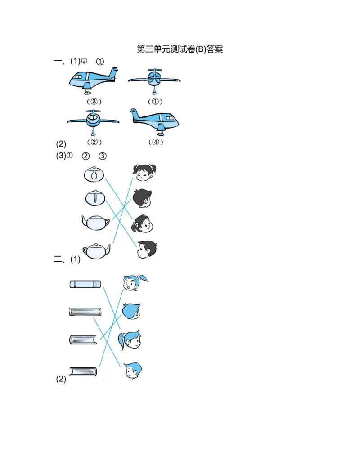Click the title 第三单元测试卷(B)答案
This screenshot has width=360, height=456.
(x=180, y=49)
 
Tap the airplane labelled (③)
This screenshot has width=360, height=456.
(x=94, y=80)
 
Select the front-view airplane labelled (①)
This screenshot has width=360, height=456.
(x=154, y=81)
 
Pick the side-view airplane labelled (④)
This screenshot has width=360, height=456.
(x=154, y=122)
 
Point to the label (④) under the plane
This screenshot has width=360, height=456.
(x=156, y=142)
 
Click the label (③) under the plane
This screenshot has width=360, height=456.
(x=94, y=102)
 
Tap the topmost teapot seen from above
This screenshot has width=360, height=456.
(x=94, y=174)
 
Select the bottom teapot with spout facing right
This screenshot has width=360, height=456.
(x=97, y=251)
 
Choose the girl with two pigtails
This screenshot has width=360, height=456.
(x=144, y=172)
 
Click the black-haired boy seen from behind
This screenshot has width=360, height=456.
(x=142, y=198)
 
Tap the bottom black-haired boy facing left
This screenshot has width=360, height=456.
(x=147, y=250)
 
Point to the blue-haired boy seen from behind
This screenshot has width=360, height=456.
(x=131, y=311)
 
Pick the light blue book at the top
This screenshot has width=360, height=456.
(x=85, y=284)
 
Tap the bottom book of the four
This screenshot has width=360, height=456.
(x=83, y=371)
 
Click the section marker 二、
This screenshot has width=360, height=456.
(x=59, y=259)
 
